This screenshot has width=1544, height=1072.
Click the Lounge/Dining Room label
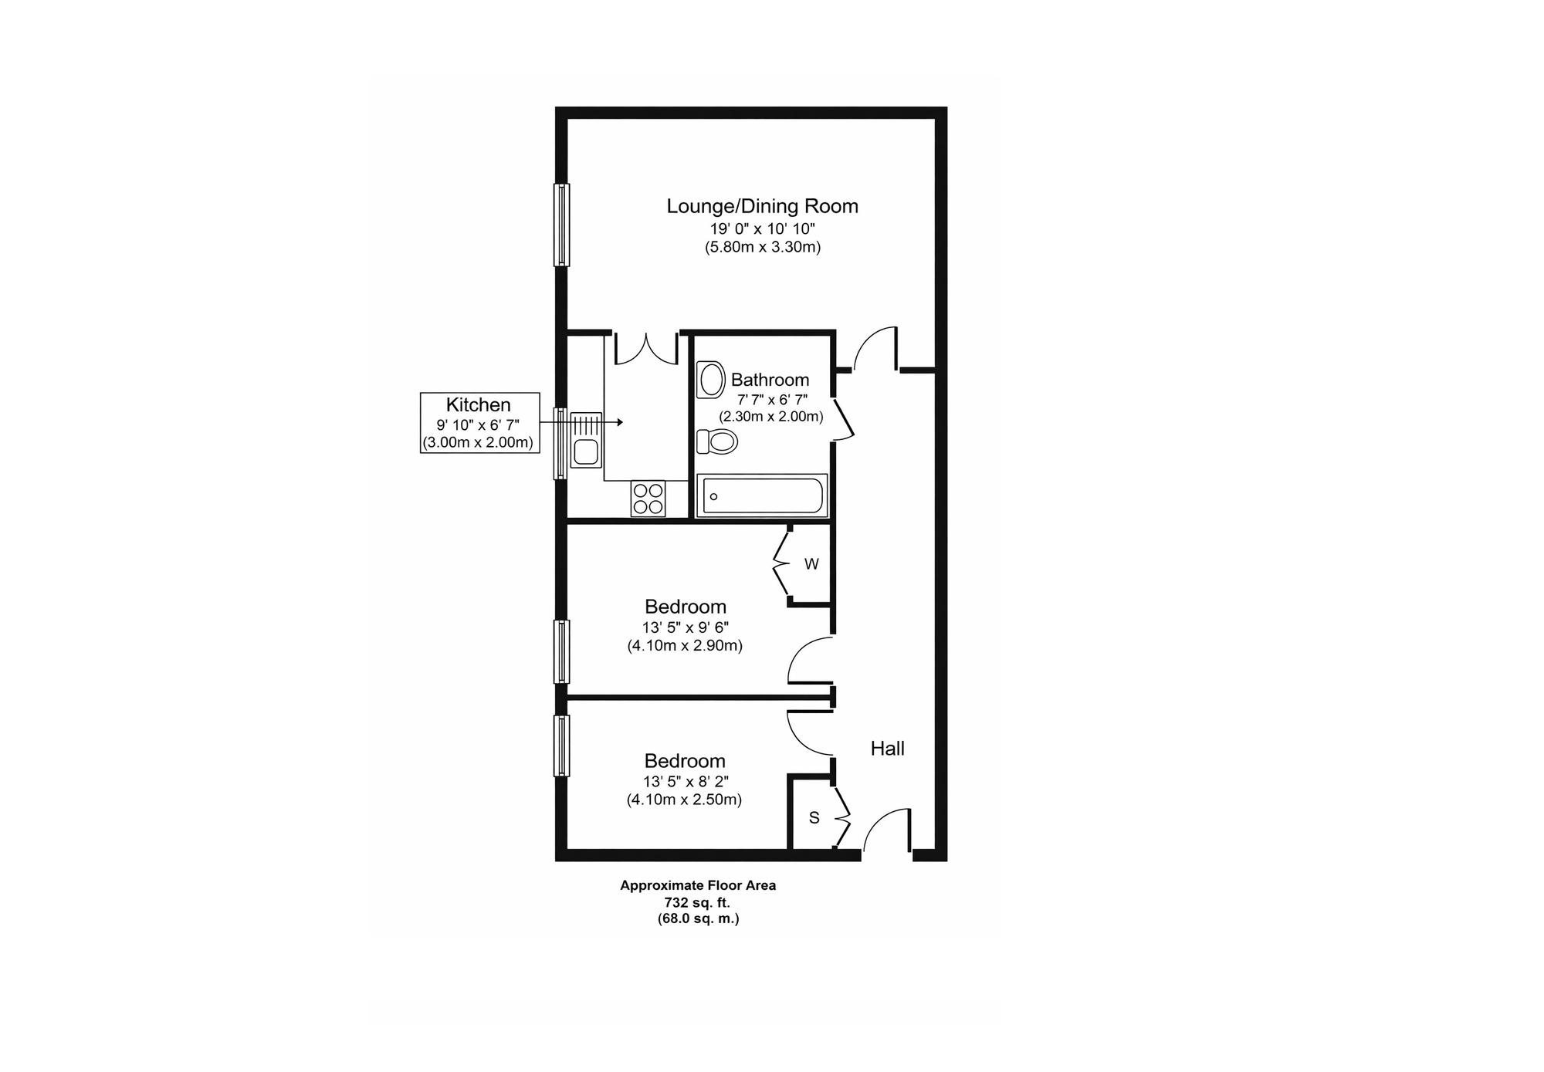762,206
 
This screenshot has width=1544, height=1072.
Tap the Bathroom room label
770,380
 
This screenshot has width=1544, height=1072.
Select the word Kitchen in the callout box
479,405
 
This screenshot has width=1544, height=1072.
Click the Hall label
887,748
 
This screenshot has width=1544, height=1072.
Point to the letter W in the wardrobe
811,564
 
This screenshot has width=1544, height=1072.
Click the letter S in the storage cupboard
814,817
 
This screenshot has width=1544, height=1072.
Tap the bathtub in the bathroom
762,495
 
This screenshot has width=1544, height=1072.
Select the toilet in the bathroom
717,441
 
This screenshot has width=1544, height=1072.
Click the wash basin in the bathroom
711,380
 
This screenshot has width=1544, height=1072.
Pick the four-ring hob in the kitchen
648,498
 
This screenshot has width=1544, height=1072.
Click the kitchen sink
586,452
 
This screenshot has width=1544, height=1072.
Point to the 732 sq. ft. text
697,902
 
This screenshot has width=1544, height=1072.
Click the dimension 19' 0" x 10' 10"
762,228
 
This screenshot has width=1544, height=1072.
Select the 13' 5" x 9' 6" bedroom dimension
685,627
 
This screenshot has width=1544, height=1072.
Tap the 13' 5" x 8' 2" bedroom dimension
685,782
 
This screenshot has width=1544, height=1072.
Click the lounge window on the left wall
562,225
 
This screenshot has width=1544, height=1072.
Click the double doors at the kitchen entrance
646,349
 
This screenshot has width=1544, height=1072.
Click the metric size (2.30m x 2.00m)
770,417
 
